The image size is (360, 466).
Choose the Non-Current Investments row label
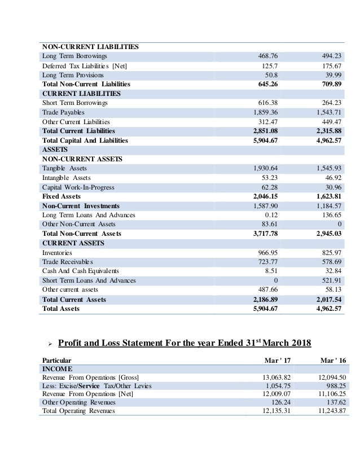coord(81,205)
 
